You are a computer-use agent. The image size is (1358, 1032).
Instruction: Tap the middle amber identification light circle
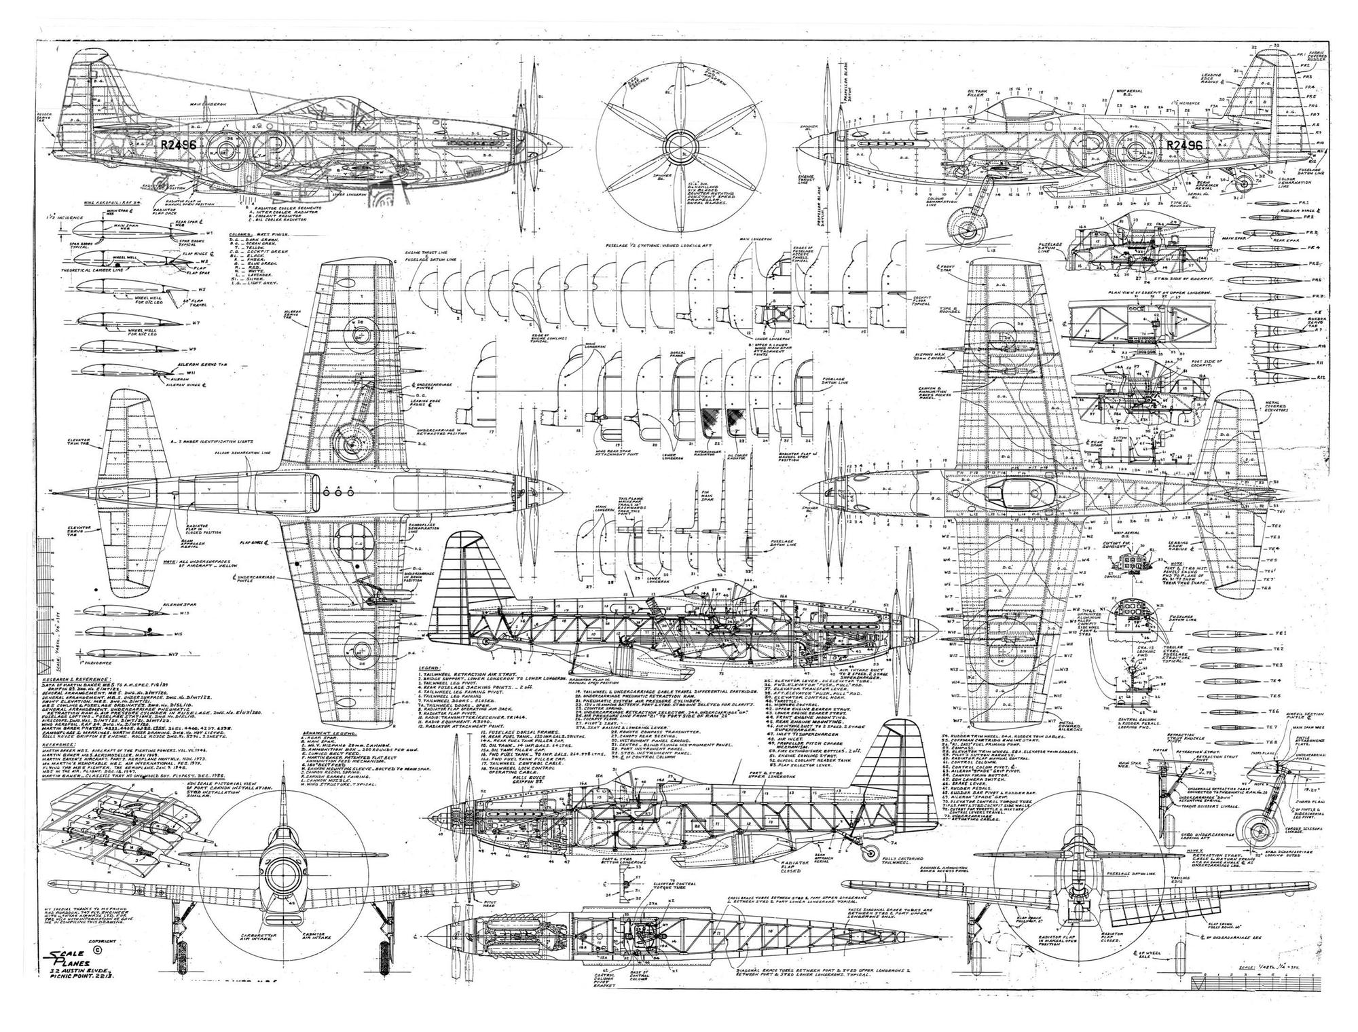[337, 491]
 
